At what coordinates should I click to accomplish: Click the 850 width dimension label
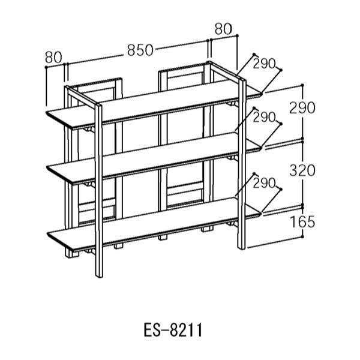pyautogui.click(x=140, y=50)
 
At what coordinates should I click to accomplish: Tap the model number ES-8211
pyautogui.click(x=173, y=330)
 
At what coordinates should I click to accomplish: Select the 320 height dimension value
pyautogui.click(x=302, y=170)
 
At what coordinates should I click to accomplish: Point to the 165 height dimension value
pyautogui.click(x=302, y=222)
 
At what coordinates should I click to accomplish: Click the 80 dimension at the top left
pyautogui.click(x=53, y=58)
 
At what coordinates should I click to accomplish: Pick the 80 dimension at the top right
pyautogui.click(x=223, y=29)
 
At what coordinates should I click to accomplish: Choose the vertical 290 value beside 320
pyautogui.click(x=302, y=108)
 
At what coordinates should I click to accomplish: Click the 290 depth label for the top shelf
pyautogui.click(x=264, y=64)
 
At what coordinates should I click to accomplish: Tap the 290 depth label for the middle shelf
pyautogui.click(x=264, y=118)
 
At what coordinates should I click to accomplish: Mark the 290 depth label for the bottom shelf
pyautogui.click(x=264, y=183)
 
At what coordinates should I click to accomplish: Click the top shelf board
pyautogui.click(x=154, y=104)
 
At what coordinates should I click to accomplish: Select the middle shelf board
pyautogui.click(x=154, y=158)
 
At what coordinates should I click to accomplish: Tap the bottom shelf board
pyautogui.click(x=154, y=224)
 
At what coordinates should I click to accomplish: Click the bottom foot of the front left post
pyautogui.click(x=99, y=276)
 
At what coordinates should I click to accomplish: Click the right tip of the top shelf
pyautogui.click(x=262, y=94)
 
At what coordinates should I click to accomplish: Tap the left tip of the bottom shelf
pyautogui.click(x=47, y=233)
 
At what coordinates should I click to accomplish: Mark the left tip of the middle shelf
pyautogui.click(x=47, y=167)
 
